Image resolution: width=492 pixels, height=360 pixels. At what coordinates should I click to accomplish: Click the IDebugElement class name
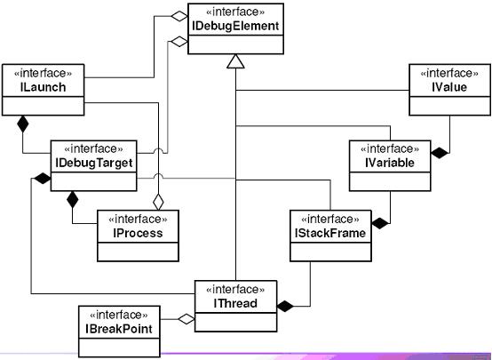[235, 26]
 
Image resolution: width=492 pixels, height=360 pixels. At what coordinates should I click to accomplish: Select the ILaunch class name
[44, 87]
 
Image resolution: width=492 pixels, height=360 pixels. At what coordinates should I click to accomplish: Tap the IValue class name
[449, 87]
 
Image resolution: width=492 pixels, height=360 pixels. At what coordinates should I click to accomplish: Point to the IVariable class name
[390, 163]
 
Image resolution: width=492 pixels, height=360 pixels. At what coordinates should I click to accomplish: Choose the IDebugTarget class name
[94, 163]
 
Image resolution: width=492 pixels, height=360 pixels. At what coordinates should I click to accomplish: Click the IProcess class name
[138, 233]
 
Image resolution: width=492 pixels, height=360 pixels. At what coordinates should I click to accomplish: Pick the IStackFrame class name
[330, 233]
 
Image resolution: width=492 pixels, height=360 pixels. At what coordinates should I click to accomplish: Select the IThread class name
[235, 303]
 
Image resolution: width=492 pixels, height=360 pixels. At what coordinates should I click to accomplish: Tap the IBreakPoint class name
[119, 329]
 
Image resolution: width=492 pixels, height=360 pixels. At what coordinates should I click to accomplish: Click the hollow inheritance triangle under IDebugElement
[235, 61]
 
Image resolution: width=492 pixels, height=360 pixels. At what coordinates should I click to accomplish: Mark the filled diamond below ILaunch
[22, 124]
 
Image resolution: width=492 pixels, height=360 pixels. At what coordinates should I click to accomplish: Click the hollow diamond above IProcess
[158, 202]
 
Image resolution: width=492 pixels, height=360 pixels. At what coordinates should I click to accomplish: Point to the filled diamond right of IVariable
[440, 153]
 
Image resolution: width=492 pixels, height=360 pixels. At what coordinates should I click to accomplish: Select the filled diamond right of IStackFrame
[381, 223]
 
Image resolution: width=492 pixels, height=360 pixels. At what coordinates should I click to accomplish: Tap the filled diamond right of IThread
[286, 306]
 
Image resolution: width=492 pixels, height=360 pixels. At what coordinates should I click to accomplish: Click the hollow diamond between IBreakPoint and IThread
[186, 319]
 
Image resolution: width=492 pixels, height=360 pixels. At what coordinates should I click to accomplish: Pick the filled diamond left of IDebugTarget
[43, 179]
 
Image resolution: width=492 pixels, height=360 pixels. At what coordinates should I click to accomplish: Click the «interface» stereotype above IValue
[449, 74]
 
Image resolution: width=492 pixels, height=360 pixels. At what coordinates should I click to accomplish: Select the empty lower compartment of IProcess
[138, 252]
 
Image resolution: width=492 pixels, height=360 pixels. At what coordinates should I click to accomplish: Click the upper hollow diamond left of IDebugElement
[179, 16]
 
